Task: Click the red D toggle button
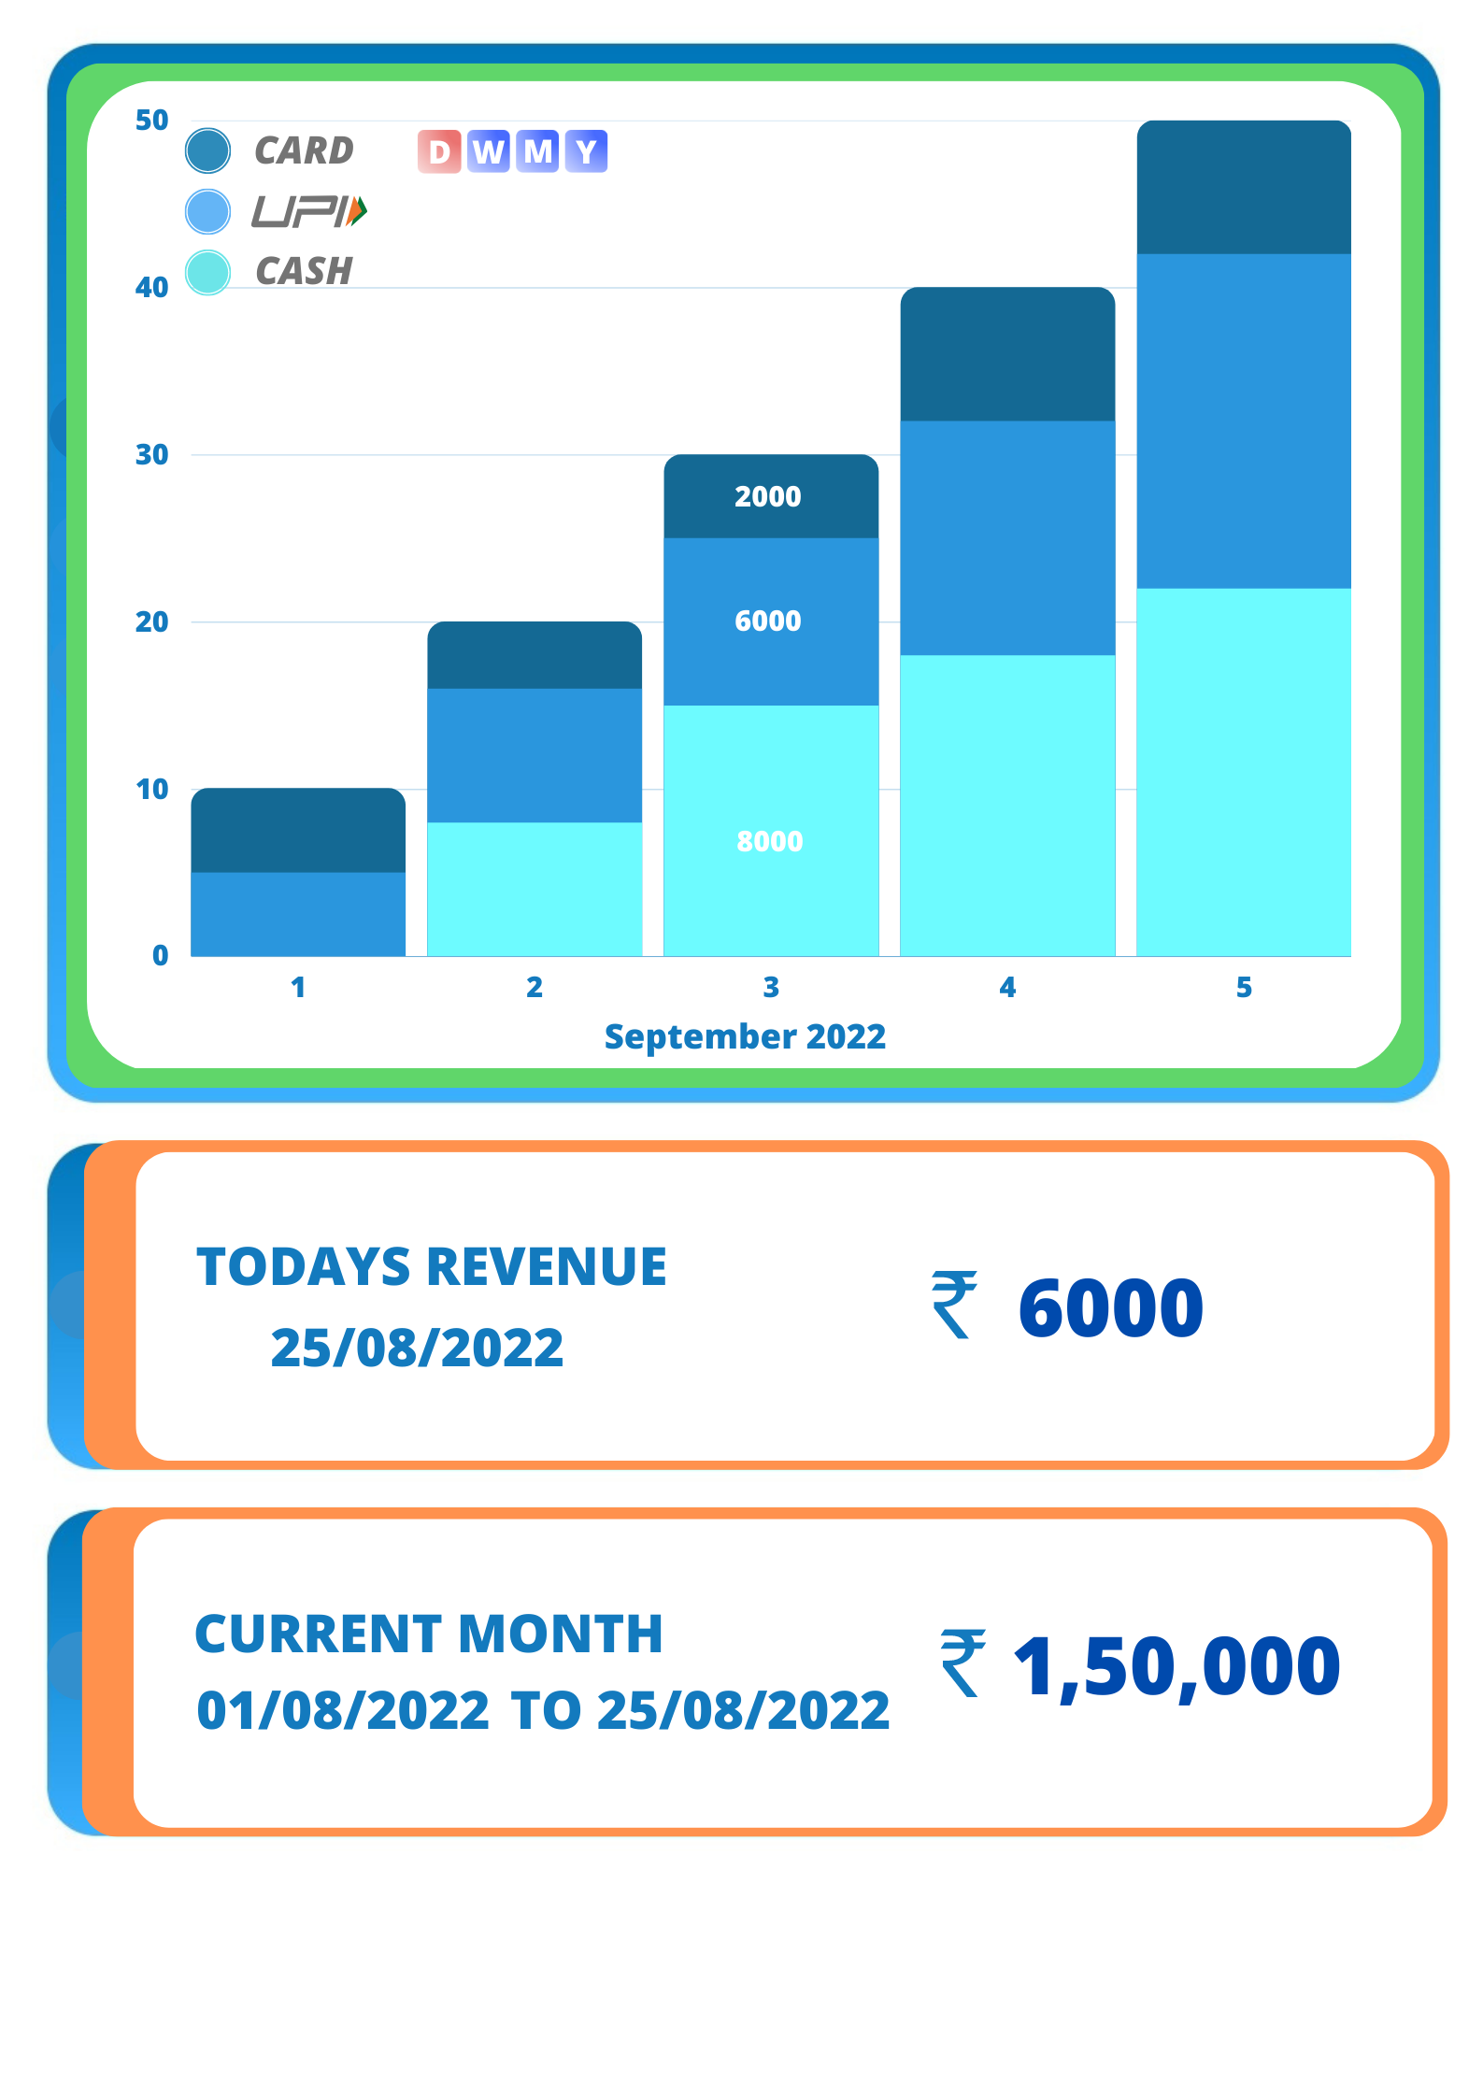click(439, 151)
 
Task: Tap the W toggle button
click(489, 151)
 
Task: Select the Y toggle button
click(586, 151)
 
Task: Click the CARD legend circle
click(207, 151)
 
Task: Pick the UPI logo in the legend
click(309, 212)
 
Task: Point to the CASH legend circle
click(207, 273)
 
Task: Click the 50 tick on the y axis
click(151, 121)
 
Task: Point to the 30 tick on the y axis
click(151, 455)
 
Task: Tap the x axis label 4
click(1006, 988)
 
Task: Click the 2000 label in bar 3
click(767, 496)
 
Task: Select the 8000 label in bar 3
click(769, 841)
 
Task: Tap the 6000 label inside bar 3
click(767, 621)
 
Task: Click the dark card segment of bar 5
click(1243, 187)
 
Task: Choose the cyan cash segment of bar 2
click(535, 888)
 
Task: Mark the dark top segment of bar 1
click(298, 830)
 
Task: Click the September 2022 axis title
click(745, 1036)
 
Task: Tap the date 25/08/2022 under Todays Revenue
click(417, 1348)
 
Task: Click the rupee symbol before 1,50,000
click(963, 1663)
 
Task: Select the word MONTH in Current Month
click(560, 1634)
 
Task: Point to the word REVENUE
click(546, 1267)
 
